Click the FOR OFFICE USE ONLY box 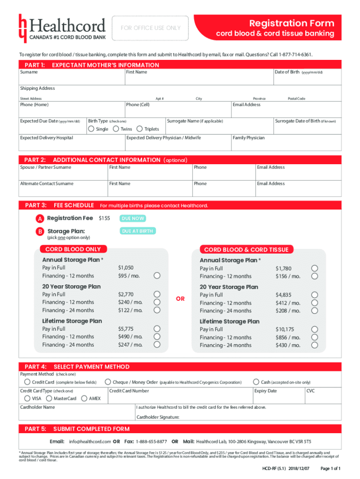(x=151, y=28)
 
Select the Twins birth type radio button (x=115, y=129)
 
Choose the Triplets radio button (x=139, y=129)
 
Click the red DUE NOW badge (x=133, y=218)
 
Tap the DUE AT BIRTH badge (x=137, y=231)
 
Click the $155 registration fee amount (x=104, y=218)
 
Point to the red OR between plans (x=180, y=298)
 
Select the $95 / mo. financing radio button (x=158, y=276)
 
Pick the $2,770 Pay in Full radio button (x=158, y=294)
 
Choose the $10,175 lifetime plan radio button (x=315, y=329)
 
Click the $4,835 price (x=283, y=295)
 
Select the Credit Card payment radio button (x=28, y=383)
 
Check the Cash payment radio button (x=256, y=382)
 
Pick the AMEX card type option (x=84, y=399)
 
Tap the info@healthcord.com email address (x=90, y=442)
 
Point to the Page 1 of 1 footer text (x=330, y=468)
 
